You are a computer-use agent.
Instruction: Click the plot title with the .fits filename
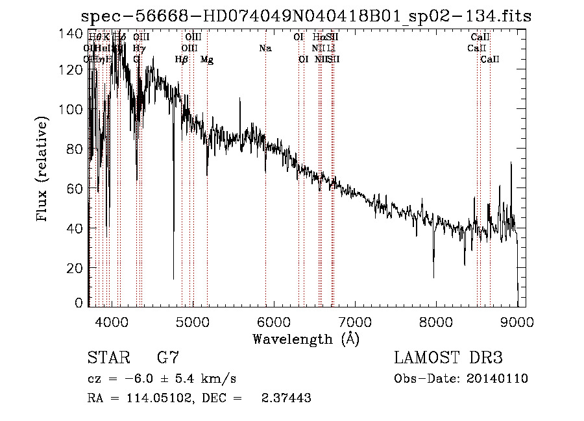click(x=302, y=16)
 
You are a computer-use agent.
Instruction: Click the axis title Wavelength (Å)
click(x=306, y=338)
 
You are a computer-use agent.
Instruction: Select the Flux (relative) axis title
click(x=43, y=169)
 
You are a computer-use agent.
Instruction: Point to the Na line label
click(x=265, y=49)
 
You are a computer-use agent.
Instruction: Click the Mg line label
click(x=206, y=60)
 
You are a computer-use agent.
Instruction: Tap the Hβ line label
click(x=182, y=60)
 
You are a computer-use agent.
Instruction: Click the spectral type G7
click(x=168, y=357)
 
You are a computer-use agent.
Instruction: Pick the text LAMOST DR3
click(x=448, y=357)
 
